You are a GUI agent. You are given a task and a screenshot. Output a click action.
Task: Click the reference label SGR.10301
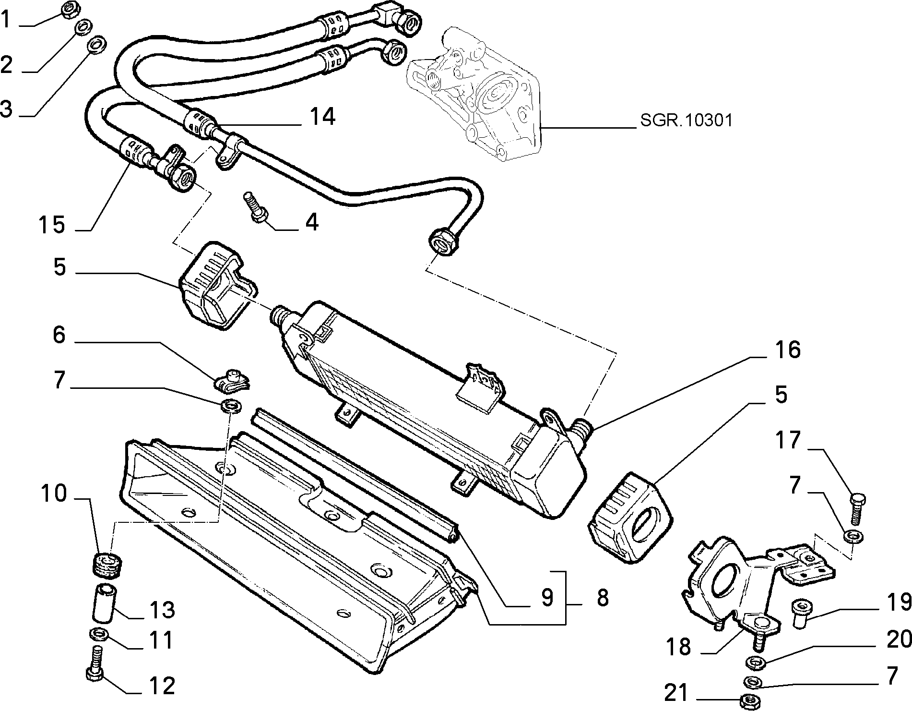click(x=687, y=120)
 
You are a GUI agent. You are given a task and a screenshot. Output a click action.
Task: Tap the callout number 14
click(x=322, y=117)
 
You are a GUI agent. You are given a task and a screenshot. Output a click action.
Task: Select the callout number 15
click(x=52, y=224)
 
